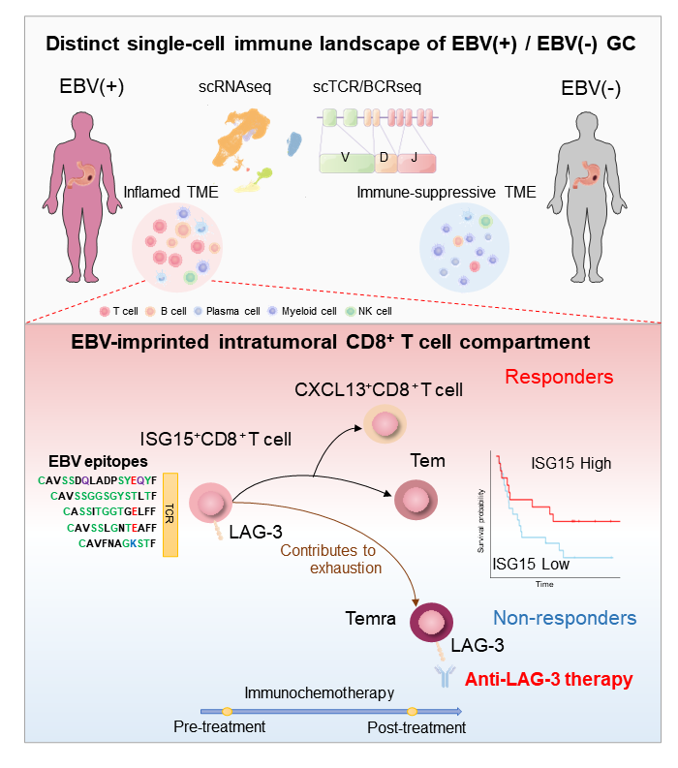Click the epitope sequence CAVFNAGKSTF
click(115, 543)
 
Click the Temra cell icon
click(432, 622)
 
